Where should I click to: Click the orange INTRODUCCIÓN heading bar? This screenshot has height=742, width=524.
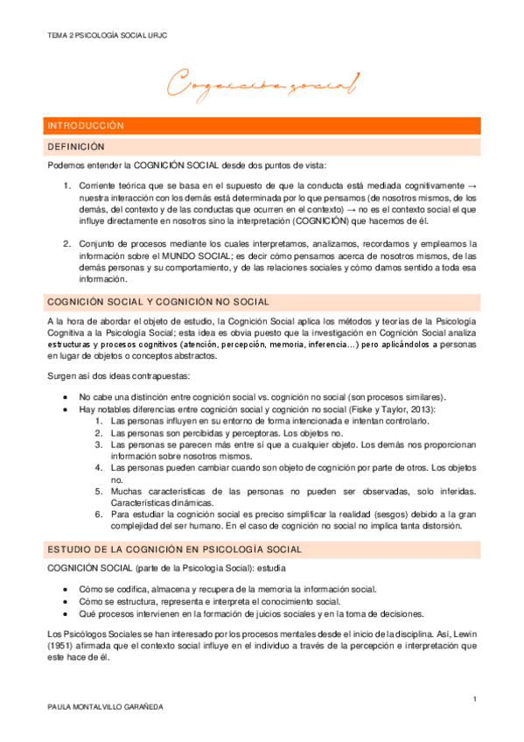(x=262, y=125)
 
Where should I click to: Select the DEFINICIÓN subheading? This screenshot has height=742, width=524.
(x=76, y=146)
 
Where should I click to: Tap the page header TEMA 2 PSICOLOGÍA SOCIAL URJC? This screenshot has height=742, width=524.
(x=108, y=36)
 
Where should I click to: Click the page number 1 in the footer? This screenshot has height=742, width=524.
(x=473, y=698)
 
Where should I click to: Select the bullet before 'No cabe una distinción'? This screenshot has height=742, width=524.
(x=68, y=396)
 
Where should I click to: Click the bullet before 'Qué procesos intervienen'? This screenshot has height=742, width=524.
(x=68, y=613)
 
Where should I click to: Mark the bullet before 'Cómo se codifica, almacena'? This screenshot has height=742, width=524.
(x=68, y=589)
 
